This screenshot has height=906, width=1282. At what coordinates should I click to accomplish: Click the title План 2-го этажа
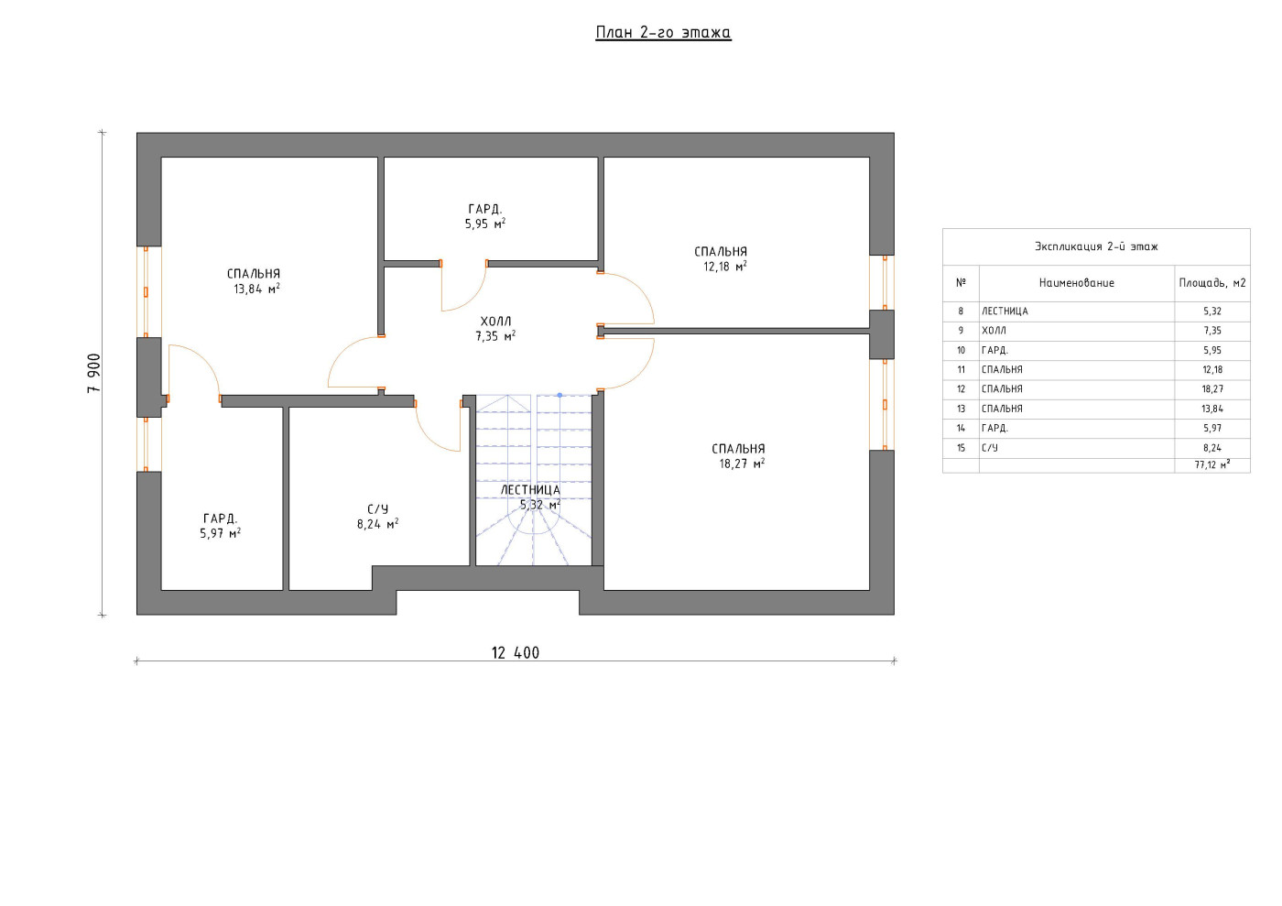click(663, 33)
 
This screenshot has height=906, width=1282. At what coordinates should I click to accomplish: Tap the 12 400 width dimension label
click(515, 653)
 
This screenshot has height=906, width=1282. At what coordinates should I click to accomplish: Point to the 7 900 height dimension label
click(93, 373)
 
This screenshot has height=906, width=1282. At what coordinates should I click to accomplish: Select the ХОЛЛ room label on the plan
click(495, 322)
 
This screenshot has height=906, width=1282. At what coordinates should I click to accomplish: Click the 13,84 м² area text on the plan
click(256, 289)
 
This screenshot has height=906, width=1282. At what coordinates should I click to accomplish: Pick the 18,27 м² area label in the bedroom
click(742, 464)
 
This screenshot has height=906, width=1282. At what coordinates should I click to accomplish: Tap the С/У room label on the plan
click(377, 509)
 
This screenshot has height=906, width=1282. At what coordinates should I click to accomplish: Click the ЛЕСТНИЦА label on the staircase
click(530, 490)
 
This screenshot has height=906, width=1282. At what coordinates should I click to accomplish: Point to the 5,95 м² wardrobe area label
click(485, 224)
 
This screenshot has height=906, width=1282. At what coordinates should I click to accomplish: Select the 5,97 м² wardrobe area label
click(221, 534)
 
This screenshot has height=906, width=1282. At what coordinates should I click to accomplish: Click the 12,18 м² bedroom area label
click(725, 267)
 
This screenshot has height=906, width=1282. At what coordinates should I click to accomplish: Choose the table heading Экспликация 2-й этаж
click(1096, 246)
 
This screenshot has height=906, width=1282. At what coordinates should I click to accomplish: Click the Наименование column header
click(1077, 283)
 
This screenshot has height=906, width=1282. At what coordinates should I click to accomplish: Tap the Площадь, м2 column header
click(1212, 283)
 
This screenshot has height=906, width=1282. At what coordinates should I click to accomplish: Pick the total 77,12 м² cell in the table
click(1212, 465)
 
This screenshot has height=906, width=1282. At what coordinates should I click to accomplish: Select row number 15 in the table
click(961, 448)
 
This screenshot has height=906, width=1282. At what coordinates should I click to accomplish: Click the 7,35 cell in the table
click(1212, 331)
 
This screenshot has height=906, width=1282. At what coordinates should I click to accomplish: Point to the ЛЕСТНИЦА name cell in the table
click(1005, 311)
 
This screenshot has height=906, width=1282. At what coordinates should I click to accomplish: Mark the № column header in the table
click(961, 283)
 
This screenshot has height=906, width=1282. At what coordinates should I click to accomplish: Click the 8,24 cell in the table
click(1212, 448)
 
